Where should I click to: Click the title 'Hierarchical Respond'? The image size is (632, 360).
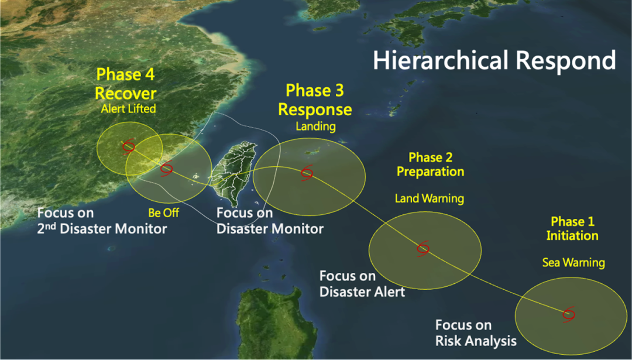point(494,60)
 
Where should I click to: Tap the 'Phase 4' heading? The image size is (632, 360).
point(125,74)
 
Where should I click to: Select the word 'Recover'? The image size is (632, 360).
point(125,93)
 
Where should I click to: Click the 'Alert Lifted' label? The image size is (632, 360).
point(128,108)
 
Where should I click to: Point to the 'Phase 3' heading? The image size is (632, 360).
point(315,90)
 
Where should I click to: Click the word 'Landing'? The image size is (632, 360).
point(315,126)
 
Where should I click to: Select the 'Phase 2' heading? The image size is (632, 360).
point(431,157)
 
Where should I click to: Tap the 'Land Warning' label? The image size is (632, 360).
point(430,198)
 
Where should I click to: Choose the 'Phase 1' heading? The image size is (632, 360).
point(572,221)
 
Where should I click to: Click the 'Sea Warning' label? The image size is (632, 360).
point(573,263)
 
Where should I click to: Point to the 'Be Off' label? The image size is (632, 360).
point(164,212)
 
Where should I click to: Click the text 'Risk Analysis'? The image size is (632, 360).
point(476,341)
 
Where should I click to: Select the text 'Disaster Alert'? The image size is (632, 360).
point(362,292)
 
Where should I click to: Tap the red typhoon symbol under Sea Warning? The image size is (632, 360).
point(569,314)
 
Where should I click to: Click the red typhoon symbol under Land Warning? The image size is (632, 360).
point(423,249)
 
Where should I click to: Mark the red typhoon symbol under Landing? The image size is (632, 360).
point(307,173)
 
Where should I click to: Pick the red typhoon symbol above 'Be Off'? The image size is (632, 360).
point(166,169)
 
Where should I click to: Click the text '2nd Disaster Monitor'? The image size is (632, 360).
point(102,228)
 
